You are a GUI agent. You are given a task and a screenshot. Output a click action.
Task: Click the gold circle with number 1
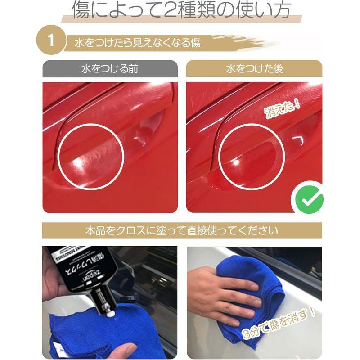51,42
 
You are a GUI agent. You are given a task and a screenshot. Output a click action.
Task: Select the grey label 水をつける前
110,70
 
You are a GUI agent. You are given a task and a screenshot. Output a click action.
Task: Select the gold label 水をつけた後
254,70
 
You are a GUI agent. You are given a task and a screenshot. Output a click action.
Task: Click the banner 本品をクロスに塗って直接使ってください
182,231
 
